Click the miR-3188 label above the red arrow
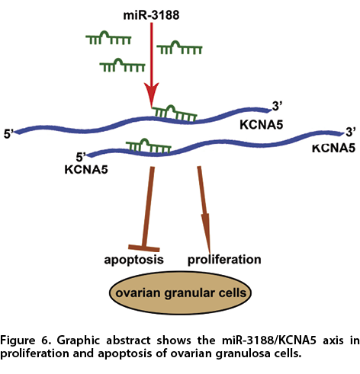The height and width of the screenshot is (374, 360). coord(151,15)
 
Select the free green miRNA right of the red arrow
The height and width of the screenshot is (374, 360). coord(179,47)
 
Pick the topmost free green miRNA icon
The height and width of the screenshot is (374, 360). coord(108,37)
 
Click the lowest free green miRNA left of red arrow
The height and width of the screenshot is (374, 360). coord(122,65)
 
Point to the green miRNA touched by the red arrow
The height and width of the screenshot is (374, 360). coord(175,113)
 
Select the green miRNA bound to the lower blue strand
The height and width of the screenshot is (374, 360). coord(149,146)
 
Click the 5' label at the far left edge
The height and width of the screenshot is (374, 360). coord(8,134)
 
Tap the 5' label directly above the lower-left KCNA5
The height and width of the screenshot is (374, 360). coord(81,158)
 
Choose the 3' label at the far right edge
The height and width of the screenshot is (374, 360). coord(351,133)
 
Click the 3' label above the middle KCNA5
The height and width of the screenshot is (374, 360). coord(278,107)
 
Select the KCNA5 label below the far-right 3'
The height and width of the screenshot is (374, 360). coord(333,148)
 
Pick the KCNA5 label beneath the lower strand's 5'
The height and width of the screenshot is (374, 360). coord(86,169)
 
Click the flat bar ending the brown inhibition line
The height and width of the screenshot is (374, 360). coord(144,248)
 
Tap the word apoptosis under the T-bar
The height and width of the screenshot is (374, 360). coord(133,260)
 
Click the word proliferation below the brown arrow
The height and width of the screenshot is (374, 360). coord(224,260)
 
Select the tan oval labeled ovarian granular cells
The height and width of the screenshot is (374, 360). coord(180,292)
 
